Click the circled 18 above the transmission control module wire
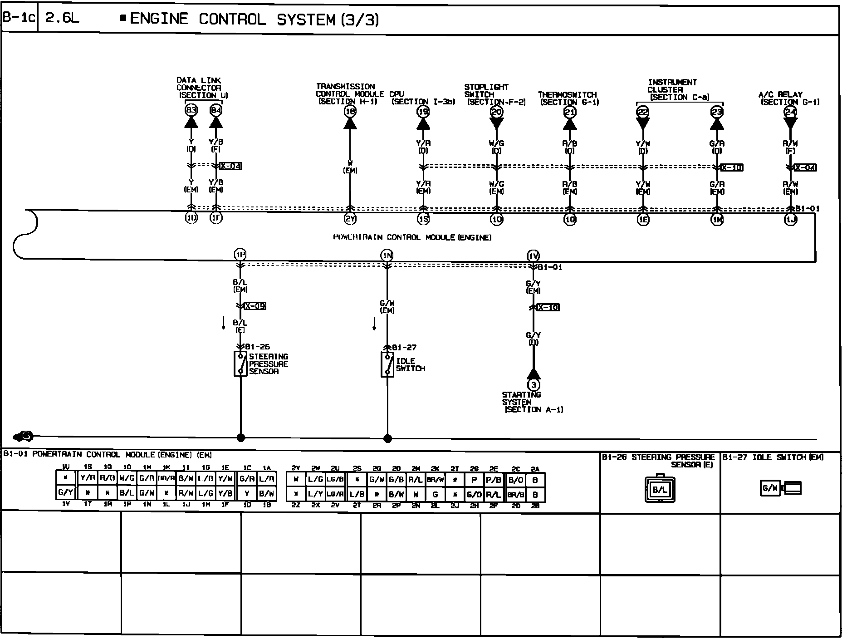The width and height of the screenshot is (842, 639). click(x=350, y=111)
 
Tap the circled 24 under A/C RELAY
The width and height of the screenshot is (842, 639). click(x=790, y=112)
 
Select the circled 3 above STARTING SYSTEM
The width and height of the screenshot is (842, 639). click(x=534, y=385)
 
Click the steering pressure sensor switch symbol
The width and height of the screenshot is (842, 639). click(x=240, y=364)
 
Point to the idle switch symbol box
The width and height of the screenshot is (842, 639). click(x=387, y=364)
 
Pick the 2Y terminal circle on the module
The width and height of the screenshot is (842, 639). click(x=350, y=219)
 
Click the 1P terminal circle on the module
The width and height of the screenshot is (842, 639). click(x=240, y=255)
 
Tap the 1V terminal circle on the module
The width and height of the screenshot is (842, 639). click(x=534, y=256)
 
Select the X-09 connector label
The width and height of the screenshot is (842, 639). click(x=255, y=306)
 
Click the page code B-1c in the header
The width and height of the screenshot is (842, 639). click(x=19, y=19)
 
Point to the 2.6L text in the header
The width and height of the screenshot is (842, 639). click(x=62, y=19)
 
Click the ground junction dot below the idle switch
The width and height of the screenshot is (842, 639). click(x=387, y=438)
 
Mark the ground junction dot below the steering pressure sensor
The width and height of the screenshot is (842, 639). click(x=241, y=438)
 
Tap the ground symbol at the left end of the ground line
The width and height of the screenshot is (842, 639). click(x=24, y=437)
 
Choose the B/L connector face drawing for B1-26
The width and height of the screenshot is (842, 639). click(x=660, y=490)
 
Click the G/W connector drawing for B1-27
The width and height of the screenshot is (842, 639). click(x=780, y=488)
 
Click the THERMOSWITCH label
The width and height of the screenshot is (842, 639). click(x=568, y=95)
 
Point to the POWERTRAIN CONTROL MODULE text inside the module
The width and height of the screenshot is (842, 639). click(x=412, y=237)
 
